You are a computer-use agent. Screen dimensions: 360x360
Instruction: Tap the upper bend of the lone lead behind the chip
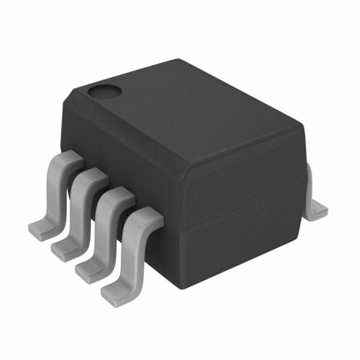[x=311, y=170]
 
